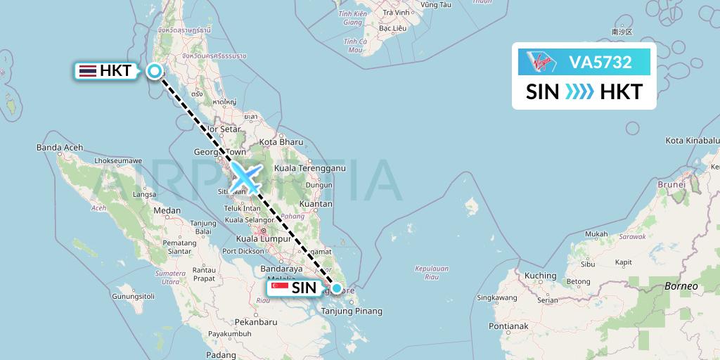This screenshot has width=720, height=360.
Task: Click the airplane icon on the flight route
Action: [246, 176]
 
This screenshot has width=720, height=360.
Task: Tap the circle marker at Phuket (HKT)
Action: [154, 70]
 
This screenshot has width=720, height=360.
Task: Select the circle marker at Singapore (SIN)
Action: [337, 288]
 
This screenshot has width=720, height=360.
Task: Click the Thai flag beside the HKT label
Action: [88, 70]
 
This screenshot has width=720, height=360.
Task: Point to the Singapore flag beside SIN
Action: [279, 288]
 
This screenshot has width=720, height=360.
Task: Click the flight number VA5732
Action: [600, 63]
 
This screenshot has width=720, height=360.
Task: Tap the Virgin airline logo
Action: [540, 63]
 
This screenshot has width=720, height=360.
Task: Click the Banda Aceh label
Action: [60, 148]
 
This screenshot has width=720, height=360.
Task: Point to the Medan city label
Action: [167, 210]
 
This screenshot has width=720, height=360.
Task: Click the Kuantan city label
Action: [316, 204]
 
